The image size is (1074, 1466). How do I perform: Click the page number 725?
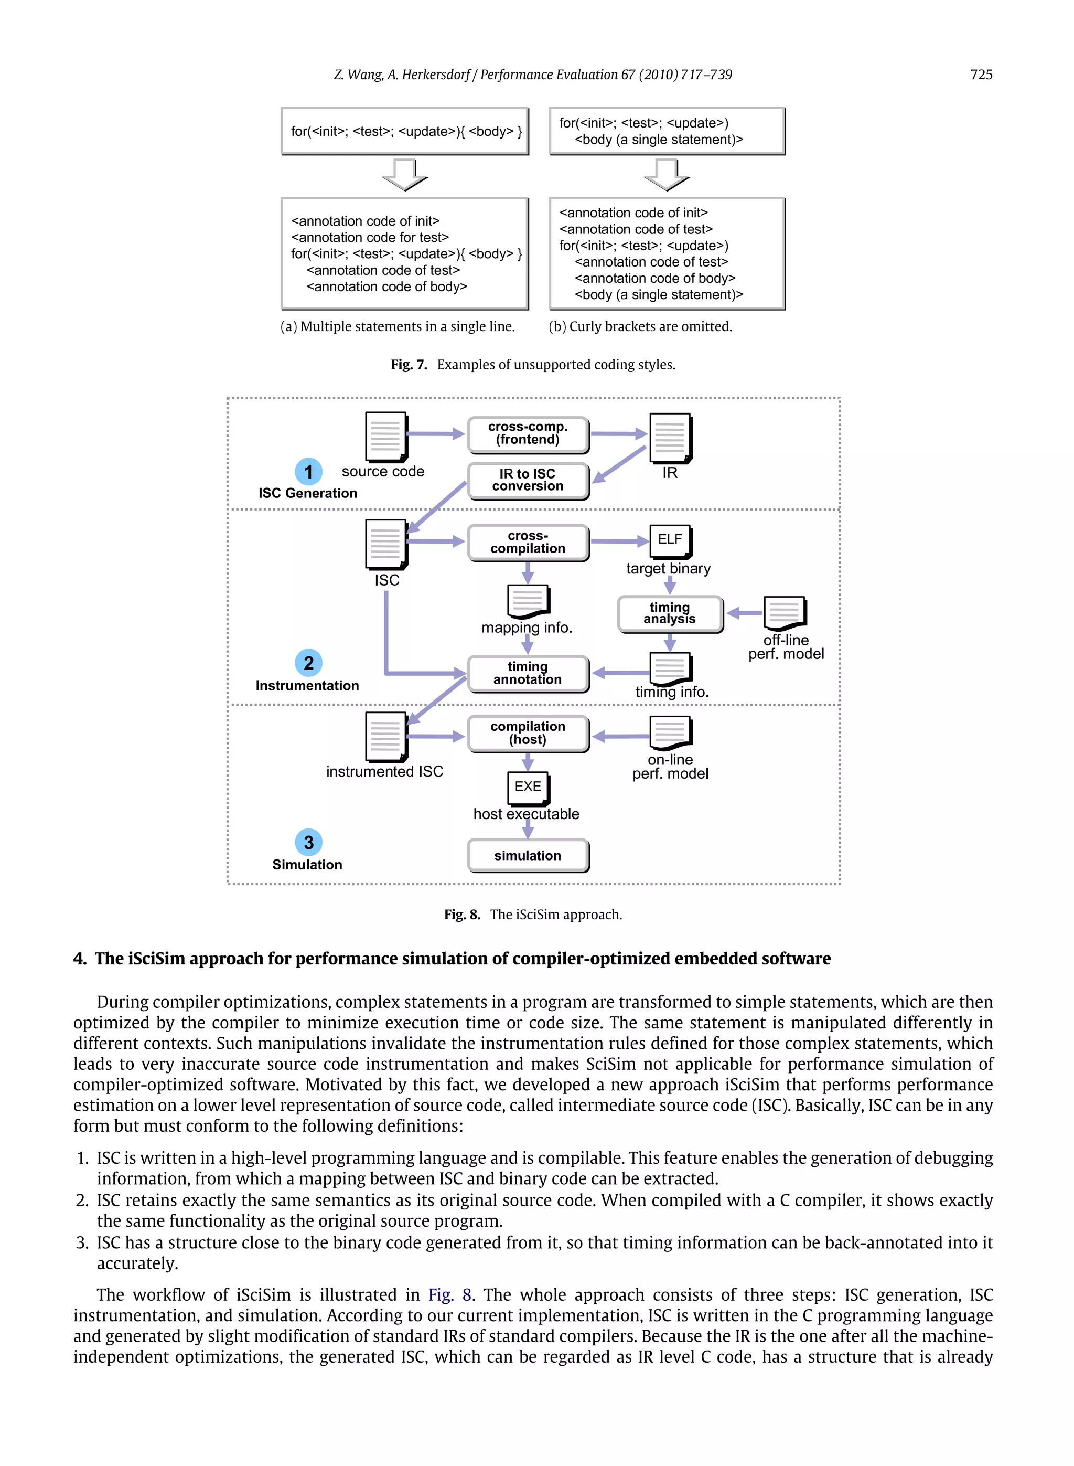[980, 75]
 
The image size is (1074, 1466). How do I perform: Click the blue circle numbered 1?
[308, 472]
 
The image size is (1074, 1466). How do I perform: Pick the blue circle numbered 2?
[308, 663]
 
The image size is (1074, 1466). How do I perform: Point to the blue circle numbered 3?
[308, 842]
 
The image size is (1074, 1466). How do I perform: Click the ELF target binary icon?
[670, 540]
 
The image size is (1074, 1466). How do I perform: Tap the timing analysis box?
[670, 613]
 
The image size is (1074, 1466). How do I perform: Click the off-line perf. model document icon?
[785, 613]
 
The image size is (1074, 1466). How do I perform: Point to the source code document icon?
[385, 436]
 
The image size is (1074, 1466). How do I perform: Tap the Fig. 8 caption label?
[461, 915]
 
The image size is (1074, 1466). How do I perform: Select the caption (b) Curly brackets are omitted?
[640, 326]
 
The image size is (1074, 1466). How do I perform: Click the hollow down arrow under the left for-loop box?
[404, 174]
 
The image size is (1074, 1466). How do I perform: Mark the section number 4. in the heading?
[80, 959]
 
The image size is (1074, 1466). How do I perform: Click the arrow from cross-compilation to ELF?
[618, 541]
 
